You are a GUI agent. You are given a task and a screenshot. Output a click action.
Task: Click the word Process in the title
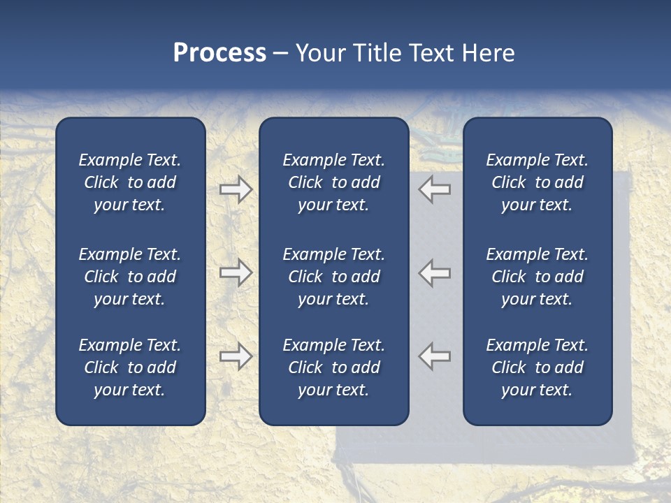[219, 53]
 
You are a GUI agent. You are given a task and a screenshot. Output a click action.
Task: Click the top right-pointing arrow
[236, 189]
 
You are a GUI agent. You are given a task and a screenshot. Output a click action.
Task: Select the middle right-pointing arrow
[236, 272]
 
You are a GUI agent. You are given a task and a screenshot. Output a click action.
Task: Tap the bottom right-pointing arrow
[236, 356]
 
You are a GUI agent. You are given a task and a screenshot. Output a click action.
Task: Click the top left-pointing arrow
[435, 189]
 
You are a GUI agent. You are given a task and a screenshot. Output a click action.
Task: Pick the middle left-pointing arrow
[435, 272]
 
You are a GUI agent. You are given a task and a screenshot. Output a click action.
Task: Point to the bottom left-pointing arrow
[435, 356]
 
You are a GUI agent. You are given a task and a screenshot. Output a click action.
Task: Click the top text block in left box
[130, 182]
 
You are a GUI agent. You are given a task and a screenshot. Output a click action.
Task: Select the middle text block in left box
[130, 277]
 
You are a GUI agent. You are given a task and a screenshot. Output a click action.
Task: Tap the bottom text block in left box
[130, 367]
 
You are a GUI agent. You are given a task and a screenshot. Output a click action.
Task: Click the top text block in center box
[333, 182]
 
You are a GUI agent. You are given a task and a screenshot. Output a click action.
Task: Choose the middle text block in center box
[333, 277]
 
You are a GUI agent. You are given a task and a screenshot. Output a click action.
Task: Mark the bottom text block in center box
[333, 367]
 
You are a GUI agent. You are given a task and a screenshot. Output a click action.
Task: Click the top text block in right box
[537, 182]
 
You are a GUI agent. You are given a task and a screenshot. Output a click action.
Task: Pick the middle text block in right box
[537, 277]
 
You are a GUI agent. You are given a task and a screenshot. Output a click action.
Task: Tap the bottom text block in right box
[537, 367]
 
